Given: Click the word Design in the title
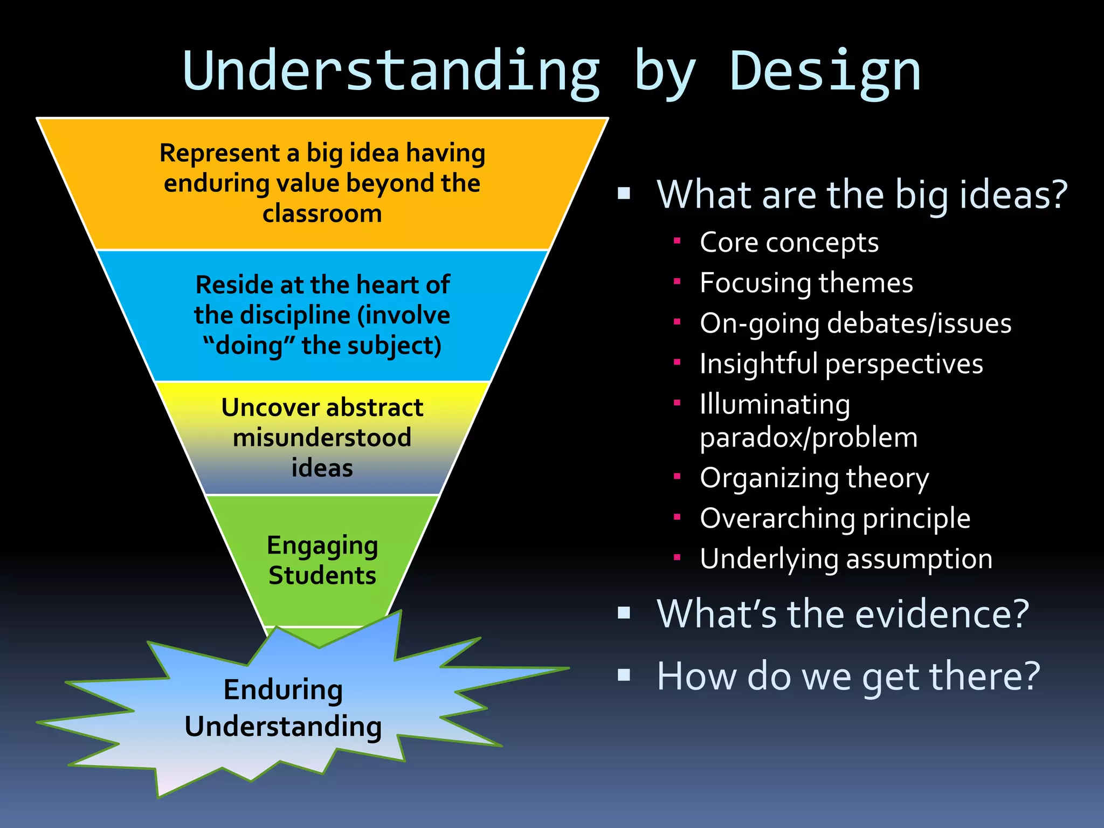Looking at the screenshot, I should coord(825,72).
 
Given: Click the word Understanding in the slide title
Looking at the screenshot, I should coord(391,72).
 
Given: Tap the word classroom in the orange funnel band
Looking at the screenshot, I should coord(322,214).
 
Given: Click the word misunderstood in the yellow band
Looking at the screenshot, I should coord(322,438).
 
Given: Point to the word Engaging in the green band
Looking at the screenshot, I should coord(322,546).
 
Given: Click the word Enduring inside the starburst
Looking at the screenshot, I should coord(283,690).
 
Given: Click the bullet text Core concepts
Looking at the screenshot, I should coord(789,243).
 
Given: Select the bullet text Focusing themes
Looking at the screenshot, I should coord(806,283).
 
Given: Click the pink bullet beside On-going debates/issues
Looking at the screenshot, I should coord(678,322).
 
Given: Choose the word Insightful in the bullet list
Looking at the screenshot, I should coord(758,364).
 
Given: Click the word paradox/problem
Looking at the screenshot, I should coord(808,438).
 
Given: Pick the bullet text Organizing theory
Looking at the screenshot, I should coord(814,478).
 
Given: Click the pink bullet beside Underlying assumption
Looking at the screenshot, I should coord(678,557).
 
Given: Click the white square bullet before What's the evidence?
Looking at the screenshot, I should coord(624,612).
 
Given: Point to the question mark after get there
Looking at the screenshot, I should coord(1029,676).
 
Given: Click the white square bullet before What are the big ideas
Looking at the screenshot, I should coord(624,193).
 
